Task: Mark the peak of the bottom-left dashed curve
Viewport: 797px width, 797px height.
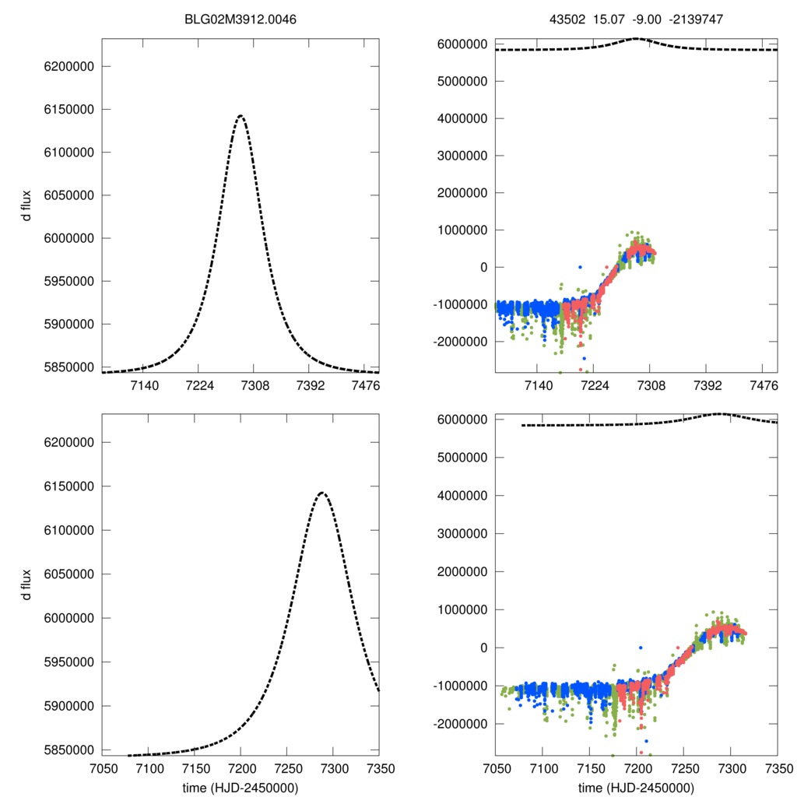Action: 321,492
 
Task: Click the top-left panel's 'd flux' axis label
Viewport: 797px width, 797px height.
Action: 27,206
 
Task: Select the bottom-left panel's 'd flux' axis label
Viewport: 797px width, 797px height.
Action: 27,584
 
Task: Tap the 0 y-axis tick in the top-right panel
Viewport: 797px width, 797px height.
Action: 483,267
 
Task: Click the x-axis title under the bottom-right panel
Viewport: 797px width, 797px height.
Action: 636,787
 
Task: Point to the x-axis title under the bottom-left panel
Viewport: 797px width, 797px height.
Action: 241,787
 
